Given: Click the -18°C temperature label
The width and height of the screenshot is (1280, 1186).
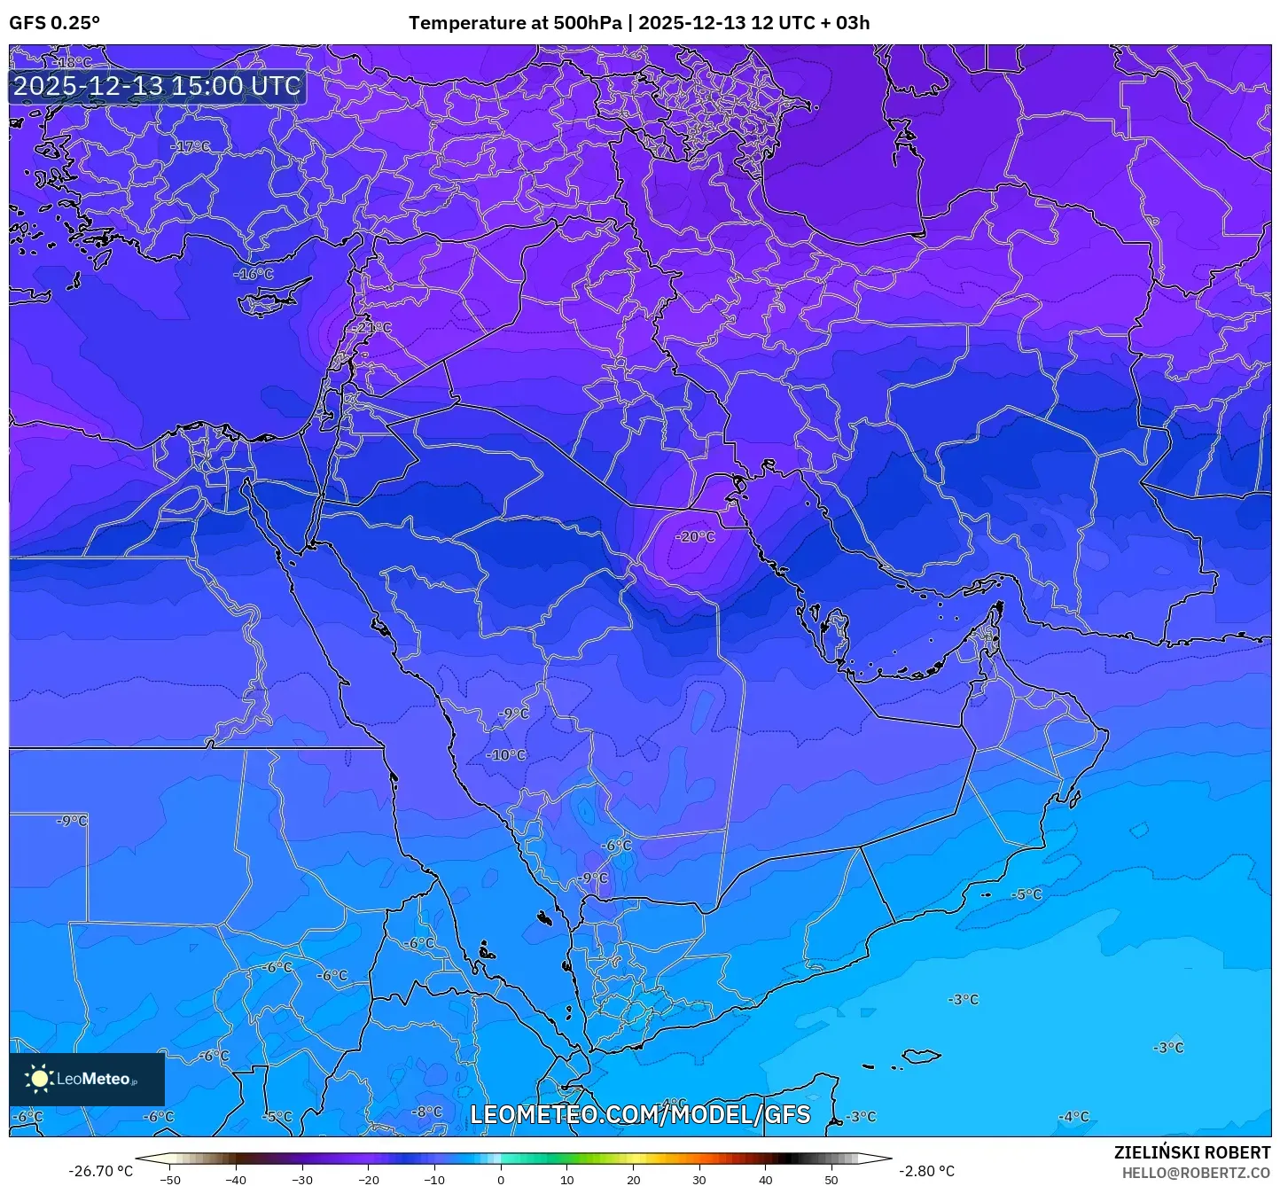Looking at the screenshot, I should (74, 62).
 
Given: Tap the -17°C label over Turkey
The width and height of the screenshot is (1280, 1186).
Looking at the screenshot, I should (191, 146).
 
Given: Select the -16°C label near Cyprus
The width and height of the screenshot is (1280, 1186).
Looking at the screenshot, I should (254, 274).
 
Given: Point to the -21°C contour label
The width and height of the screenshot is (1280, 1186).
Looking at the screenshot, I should (372, 327).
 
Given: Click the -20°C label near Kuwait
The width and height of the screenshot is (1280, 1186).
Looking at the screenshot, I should (695, 536).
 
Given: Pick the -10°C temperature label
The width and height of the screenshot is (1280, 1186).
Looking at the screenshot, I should (507, 755).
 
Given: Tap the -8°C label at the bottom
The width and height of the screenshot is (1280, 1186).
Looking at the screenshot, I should (427, 1112).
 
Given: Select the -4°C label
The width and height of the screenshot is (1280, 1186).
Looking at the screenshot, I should (1074, 1116).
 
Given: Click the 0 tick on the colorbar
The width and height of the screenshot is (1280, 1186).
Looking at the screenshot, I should (501, 1179).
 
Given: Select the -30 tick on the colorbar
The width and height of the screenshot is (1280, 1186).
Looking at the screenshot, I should (302, 1179).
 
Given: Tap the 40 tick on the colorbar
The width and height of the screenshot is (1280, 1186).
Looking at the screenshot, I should (766, 1179).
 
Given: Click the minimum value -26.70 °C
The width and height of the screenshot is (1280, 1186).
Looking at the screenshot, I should (100, 1171).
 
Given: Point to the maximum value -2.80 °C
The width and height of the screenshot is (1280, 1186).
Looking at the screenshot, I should (927, 1171).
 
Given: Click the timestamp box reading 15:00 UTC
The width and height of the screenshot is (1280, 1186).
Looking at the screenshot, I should (158, 86).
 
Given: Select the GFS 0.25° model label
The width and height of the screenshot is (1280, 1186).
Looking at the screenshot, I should (54, 23).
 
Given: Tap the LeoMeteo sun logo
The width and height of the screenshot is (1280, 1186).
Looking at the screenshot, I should (39, 1078).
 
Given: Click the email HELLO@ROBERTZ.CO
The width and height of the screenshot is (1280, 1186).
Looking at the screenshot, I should (1196, 1173).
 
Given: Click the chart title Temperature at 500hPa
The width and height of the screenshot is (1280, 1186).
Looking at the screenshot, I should (515, 23).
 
